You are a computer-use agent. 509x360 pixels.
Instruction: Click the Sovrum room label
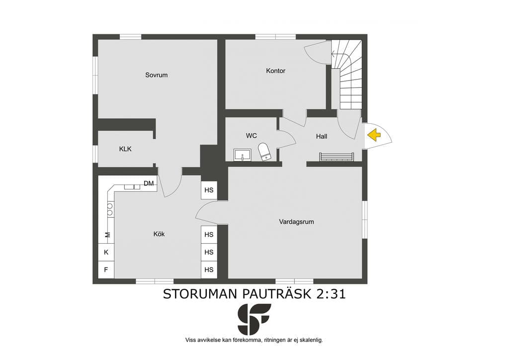tap(157, 75)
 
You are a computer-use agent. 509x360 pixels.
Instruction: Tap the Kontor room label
tap(275, 71)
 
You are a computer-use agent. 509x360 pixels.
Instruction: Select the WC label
tap(251, 136)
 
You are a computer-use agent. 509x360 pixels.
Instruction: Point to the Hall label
tap(322, 136)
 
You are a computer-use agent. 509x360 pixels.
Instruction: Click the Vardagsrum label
tap(296, 222)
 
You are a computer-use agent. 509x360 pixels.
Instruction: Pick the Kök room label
tap(159, 234)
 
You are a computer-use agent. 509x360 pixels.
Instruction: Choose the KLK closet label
tap(125, 149)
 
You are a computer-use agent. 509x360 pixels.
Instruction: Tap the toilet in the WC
tap(264, 152)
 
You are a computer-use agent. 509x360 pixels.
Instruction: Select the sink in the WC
tap(242, 155)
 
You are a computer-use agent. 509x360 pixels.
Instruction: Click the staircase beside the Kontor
tap(346, 75)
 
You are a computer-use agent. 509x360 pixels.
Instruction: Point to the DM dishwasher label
tap(149, 183)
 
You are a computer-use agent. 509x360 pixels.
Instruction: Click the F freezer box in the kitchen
tap(106, 270)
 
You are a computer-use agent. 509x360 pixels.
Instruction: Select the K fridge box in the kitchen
tap(106, 252)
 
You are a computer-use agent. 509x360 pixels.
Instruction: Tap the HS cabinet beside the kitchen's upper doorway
tap(209, 190)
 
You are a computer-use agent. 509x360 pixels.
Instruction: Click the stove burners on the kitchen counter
tap(110, 209)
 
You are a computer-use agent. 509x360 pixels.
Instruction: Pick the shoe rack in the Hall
tap(336, 157)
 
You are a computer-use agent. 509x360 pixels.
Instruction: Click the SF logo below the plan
tap(254, 319)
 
